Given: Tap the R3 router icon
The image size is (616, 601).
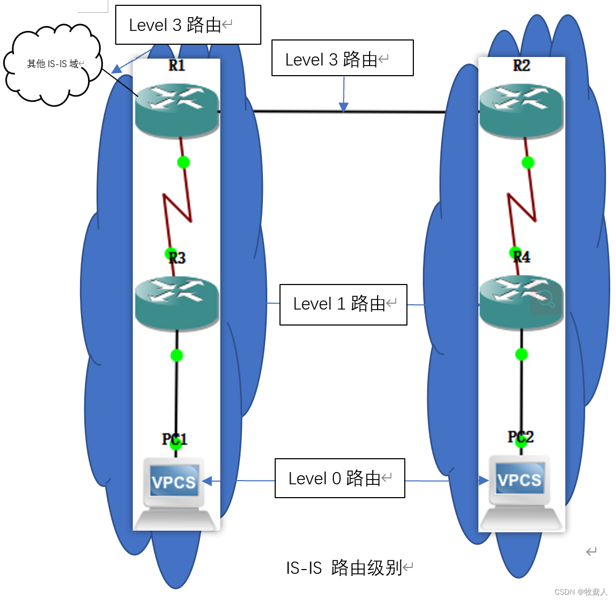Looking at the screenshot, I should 177,303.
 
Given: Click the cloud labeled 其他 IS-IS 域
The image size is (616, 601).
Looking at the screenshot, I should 52,64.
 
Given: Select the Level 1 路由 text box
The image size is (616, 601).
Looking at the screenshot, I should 343,304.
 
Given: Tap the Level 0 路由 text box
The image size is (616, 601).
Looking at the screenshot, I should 340,478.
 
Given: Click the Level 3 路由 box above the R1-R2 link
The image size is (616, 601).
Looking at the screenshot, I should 342,58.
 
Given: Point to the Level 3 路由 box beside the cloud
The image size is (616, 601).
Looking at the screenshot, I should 188,25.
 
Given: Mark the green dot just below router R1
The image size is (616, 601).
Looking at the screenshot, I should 183,162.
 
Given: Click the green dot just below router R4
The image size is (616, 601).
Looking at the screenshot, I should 522,354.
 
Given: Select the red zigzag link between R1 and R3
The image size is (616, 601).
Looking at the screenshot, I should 177,208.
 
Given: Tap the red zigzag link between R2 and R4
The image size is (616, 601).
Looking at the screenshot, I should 522,208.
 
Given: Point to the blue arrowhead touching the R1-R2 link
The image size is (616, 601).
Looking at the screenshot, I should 344,107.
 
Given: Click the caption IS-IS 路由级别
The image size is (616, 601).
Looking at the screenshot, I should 345,568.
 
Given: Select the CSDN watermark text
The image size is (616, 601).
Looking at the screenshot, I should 581,592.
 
